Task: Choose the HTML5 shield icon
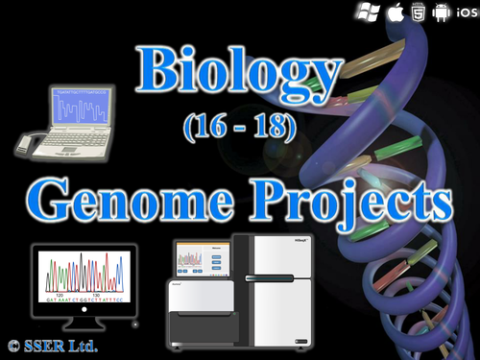[x=418, y=12]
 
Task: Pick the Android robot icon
[x=442, y=12]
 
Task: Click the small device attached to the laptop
[x=30, y=145]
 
